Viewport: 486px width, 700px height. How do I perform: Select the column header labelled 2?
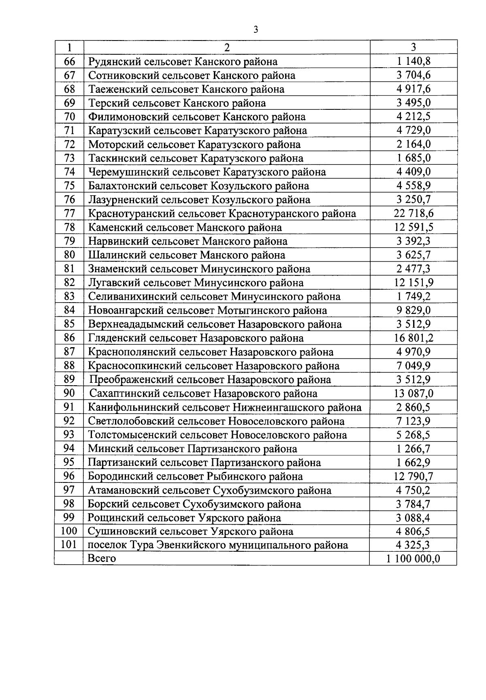227,47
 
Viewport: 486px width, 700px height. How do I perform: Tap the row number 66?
70,62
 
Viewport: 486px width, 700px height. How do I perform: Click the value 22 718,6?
414,213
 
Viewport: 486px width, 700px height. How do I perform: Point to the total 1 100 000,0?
414,559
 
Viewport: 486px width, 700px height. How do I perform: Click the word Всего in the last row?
102,559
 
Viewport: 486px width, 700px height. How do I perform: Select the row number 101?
69,545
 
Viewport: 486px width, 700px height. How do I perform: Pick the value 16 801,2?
414,337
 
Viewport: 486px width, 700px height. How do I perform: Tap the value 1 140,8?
414,62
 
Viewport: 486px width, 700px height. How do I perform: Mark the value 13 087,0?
414,393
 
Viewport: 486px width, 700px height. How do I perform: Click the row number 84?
70,310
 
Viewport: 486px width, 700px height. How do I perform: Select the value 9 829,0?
414,310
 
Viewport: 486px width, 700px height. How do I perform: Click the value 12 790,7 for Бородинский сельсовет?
414,476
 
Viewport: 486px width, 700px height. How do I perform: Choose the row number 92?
70,421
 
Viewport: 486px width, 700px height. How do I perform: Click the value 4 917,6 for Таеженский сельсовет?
414,89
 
